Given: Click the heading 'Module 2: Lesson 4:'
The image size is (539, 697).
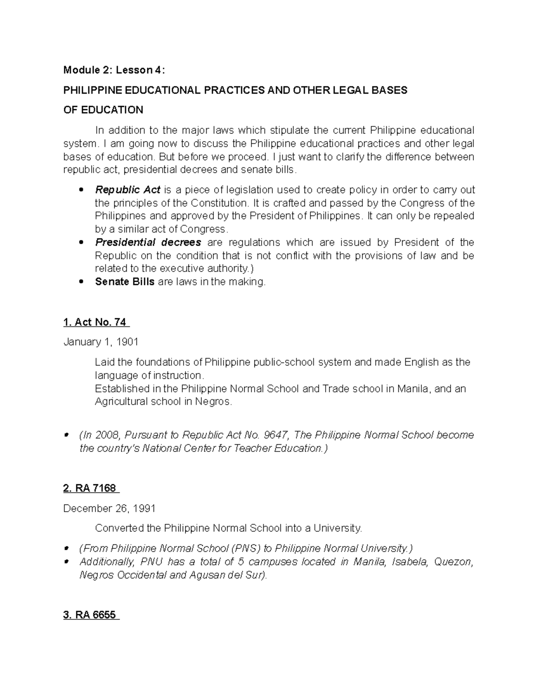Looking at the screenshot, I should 114,70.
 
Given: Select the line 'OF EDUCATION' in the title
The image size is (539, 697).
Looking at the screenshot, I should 103,110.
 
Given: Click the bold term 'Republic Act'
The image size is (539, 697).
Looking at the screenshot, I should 128,189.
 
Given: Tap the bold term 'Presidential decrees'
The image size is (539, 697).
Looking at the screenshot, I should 148,242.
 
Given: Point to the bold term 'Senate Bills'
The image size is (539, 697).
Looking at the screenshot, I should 124,282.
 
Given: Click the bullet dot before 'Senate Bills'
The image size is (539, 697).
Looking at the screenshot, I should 81,282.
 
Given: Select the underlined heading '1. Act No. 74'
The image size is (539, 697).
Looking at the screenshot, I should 96,322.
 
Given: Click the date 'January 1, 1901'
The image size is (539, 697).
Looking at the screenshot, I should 101,342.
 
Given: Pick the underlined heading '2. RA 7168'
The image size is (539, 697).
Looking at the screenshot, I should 91,488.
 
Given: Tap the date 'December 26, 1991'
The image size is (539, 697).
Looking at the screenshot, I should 109,509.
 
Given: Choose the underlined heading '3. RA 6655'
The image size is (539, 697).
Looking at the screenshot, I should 91,615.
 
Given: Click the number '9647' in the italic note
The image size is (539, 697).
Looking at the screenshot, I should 277,435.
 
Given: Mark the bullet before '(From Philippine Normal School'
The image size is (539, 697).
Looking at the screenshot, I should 67,548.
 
